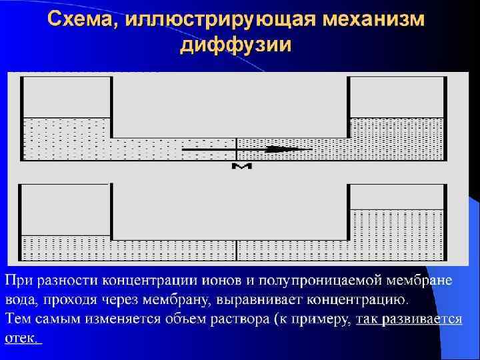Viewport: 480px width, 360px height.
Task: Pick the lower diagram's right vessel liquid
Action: pyautogui.click(x=397, y=233)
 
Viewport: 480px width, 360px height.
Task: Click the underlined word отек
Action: pyautogui.click(x=23, y=338)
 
